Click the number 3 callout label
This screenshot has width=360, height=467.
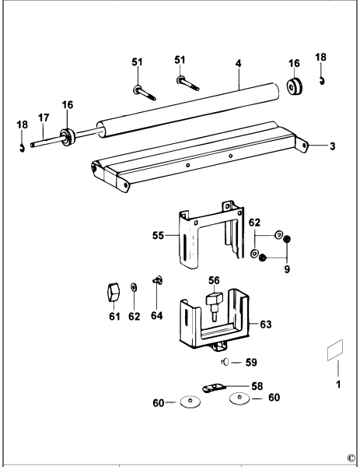click(331, 146)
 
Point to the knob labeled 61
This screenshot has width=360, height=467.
click(112, 292)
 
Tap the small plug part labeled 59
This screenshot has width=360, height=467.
click(224, 361)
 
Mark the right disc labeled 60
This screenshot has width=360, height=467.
click(239, 400)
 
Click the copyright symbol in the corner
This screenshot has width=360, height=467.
click(351, 458)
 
